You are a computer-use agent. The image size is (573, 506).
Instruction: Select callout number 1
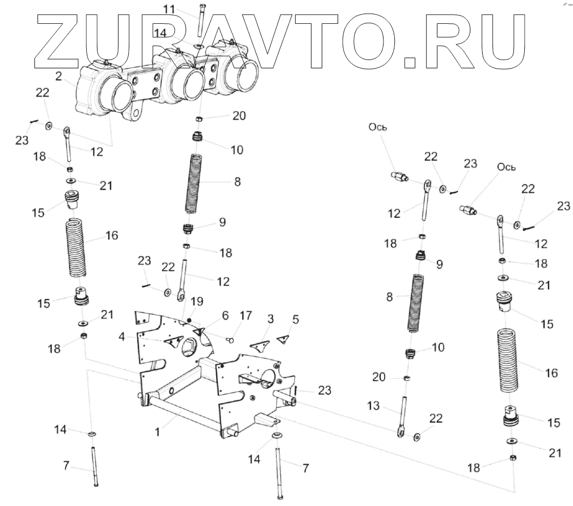coord(158,432)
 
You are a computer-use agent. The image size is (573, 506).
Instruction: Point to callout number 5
coord(295,319)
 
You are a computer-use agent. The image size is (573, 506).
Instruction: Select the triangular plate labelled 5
coord(283,338)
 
